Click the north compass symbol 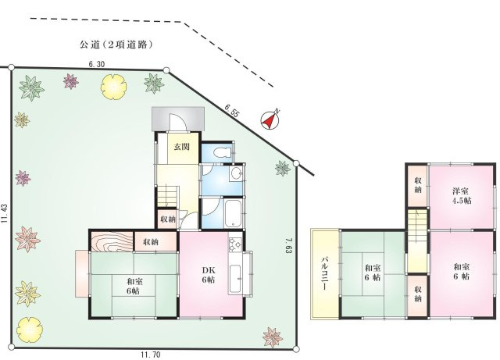coord(270,120)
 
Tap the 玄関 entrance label coord(181,148)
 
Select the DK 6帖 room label coord(209,275)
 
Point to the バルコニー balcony coord(323,273)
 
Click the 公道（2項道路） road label coord(115,45)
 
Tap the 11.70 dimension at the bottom coord(152,354)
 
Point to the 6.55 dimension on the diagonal coord(232,112)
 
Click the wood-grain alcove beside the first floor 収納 coord(111,241)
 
